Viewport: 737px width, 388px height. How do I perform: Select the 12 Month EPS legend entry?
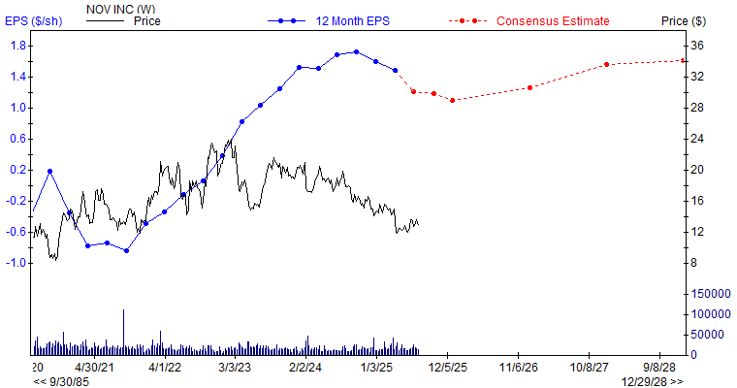(x=345, y=20)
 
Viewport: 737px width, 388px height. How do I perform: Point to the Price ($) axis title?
(x=710, y=20)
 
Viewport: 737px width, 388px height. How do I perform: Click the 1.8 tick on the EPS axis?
(x=18, y=46)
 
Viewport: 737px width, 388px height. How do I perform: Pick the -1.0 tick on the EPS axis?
(x=16, y=263)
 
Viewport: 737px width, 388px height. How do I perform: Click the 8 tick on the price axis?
(x=693, y=263)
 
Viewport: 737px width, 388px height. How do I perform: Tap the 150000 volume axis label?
(x=709, y=293)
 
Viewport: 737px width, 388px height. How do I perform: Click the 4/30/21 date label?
(x=95, y=368)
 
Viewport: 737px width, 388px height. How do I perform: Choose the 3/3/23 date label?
(x=235, y=368)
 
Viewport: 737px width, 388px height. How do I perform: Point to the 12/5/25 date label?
(x=448, y=368)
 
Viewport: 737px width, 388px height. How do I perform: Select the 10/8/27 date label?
(x=590, y=368)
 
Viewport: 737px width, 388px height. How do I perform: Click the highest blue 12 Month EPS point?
(x=356, y=52)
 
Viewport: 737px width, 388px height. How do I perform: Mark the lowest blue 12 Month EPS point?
(x=126, y=250)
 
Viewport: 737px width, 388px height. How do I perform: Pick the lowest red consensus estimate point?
(x=452, y=100)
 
